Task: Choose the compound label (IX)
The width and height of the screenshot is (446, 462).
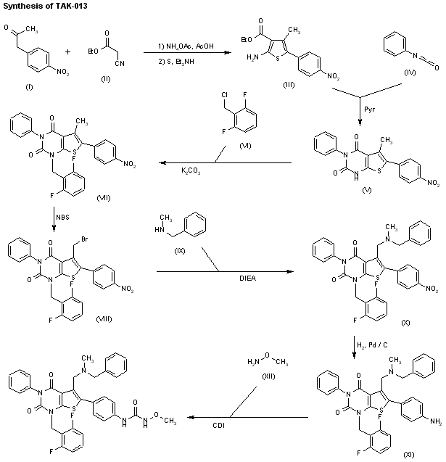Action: pos(176,252)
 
